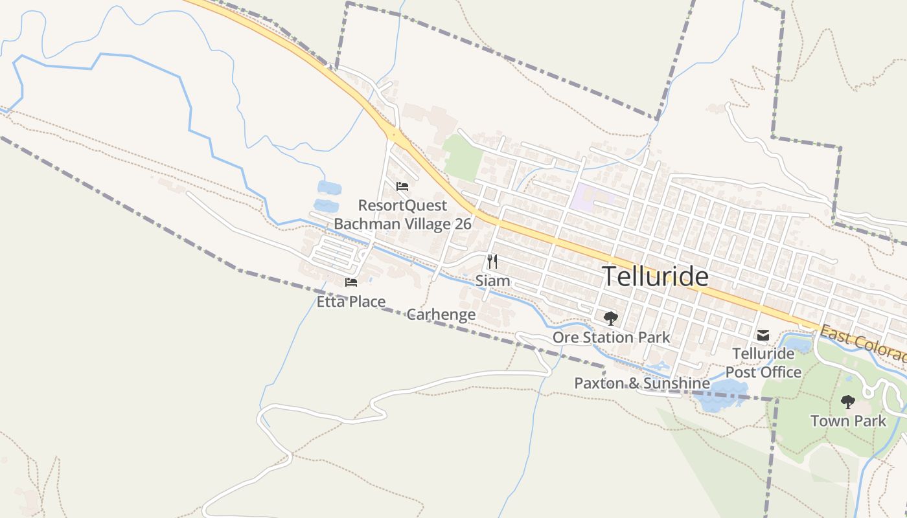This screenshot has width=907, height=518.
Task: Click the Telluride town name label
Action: coord(656,276)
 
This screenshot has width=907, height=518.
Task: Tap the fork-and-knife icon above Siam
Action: coord(492,262)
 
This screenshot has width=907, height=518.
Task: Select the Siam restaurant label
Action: coord(492,281)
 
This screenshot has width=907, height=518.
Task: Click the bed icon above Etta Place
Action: coord(351,282)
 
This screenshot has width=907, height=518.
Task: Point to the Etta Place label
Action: coord(351,302)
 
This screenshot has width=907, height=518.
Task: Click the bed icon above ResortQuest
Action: coord(402,186)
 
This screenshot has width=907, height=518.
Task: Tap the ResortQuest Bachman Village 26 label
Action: coord(402,215)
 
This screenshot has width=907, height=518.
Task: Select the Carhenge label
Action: coord(441,315)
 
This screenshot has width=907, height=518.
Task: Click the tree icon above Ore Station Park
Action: coord(610,318)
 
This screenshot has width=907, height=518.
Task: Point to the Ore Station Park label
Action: coord(611,337)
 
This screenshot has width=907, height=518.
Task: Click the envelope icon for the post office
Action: coord(763,335)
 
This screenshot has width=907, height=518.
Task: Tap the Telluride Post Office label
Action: coord(763,363)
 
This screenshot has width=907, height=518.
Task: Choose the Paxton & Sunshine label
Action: coord(641,383)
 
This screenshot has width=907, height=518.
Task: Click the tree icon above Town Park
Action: coord(847,402)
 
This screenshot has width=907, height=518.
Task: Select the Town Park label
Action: coord(847,421)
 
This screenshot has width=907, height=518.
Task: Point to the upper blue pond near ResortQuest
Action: coord(328,188)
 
